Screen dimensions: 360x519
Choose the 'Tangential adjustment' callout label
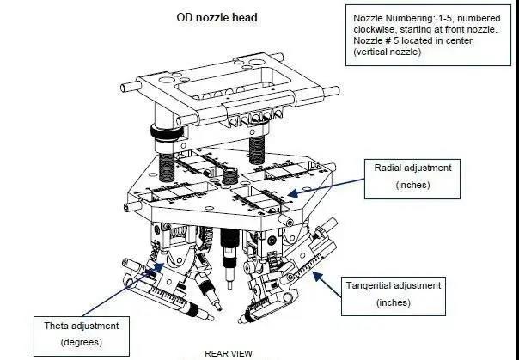click(x=393, y=285)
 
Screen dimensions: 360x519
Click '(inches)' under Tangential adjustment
click(x=393, y=302)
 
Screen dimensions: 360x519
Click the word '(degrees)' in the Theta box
click(x=82, y=342)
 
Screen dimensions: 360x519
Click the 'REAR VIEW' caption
click(x=227, y=352)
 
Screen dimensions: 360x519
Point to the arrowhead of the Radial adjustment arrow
click(x=286, y=195)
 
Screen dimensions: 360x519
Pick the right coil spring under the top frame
click(x=255, y=149)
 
